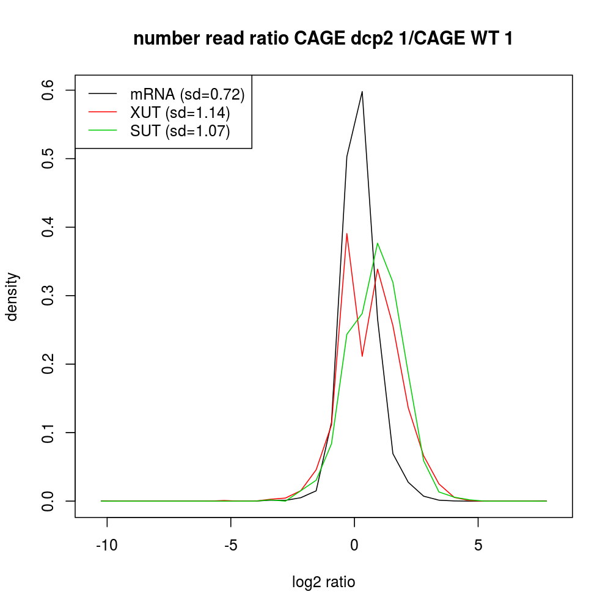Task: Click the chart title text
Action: (x=323, y=38)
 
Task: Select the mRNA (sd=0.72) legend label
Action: (x=188, y=94)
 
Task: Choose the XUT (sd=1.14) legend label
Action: (x=180, y=113)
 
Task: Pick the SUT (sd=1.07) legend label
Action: (x=180, y=131)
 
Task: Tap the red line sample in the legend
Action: (x=103, y=113)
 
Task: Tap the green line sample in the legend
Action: (x=103, y=131)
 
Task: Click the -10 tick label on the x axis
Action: (x=107, y=544)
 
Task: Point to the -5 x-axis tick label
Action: (x=230, y=544)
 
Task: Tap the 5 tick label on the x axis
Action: (x=478, y=544)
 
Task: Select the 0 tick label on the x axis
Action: (x=354, y=544)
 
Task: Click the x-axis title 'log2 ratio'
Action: (x=324, y=582)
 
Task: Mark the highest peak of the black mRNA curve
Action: (x=362, y=92)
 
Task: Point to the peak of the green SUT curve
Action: (x=378, y=243)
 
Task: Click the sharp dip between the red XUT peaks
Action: (x=362, y=356)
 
